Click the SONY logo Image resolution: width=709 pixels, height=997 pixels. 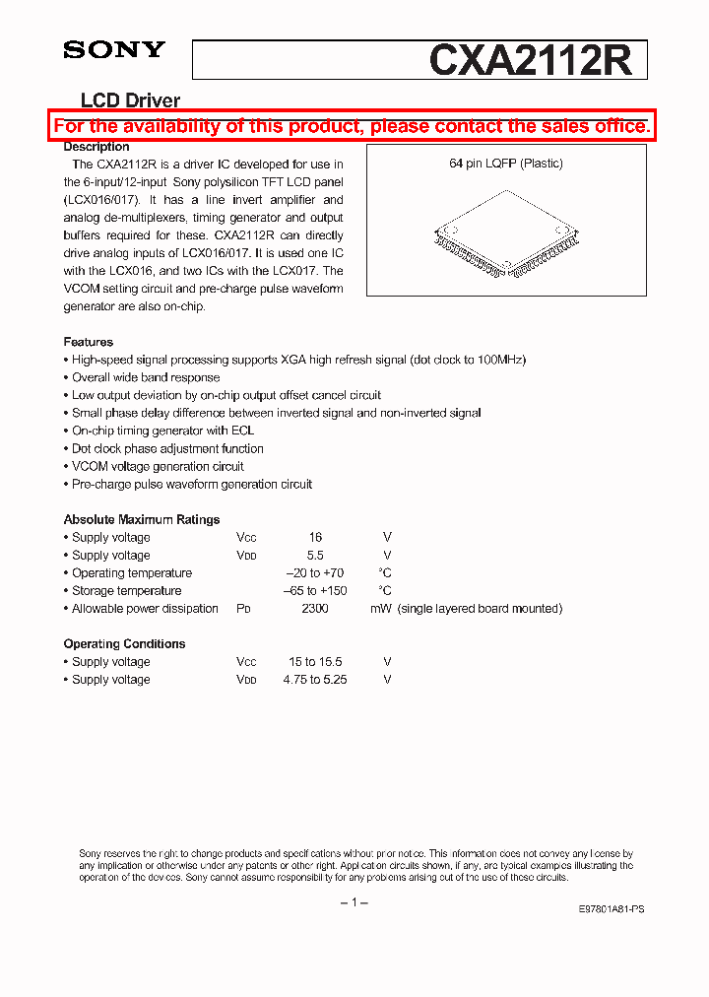point(114,50)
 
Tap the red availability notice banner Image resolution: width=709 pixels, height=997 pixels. point(352,126)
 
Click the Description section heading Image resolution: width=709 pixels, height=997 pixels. point(97,147)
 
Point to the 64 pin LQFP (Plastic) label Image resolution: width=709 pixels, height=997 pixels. point(506,164)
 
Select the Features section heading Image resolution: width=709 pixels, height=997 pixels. point(89,342)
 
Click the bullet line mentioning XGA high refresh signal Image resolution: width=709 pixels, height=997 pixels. point(298,360)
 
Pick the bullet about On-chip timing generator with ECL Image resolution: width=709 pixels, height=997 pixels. point(162,431)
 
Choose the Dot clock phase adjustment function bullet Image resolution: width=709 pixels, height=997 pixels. point(167,448)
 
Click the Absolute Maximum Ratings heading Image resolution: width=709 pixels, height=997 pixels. point(142,519)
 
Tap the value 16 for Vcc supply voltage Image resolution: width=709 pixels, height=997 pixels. point(315,537)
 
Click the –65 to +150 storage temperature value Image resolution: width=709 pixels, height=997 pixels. point(315,590)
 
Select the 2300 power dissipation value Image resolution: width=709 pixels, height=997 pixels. point(315,608)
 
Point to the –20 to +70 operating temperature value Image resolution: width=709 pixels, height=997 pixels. point(315,572)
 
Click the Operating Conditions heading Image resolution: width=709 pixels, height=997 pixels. point(124,643)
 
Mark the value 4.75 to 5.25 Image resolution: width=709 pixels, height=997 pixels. point(315,679)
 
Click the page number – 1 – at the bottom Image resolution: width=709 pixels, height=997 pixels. point(354,902)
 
